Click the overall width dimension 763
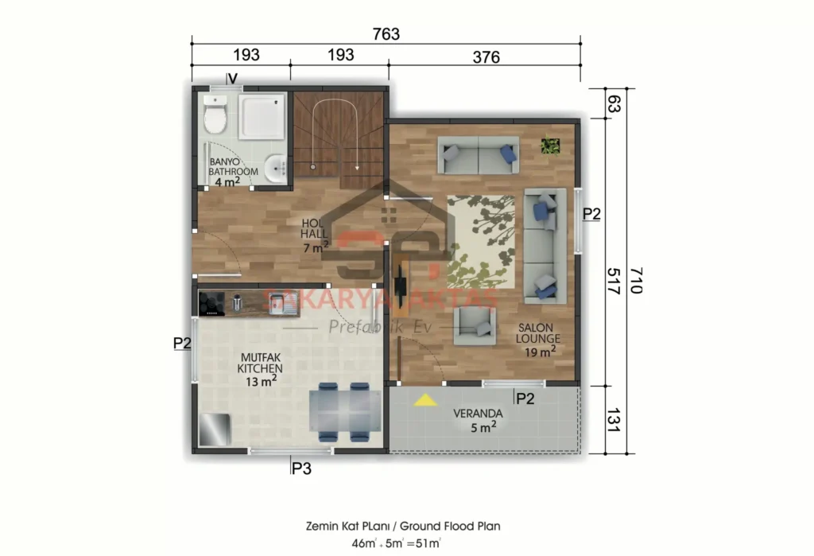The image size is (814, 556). pos(386,34)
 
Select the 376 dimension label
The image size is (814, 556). pos(486,56)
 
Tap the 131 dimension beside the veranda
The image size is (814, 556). pos(613,419)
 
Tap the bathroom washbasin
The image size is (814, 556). pos(277,167)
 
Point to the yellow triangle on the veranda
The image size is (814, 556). pos(426,400)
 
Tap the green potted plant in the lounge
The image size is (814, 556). pos(550,146)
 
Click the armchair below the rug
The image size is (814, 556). pos(474,324)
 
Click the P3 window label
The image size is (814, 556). pos(300,469)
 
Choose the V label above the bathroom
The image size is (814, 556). pos(232,78)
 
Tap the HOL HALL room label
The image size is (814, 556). pos(314,235)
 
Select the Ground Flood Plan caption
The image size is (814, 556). pos(403,526)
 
